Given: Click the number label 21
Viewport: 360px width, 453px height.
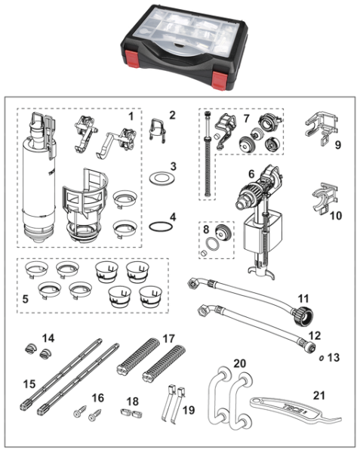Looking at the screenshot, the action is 318,395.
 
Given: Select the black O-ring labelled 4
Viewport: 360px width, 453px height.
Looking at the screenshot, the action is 162,226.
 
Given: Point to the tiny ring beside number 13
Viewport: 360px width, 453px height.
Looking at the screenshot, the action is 321,358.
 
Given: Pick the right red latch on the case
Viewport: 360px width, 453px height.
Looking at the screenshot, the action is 220,81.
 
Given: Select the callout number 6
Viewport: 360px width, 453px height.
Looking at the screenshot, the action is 251,174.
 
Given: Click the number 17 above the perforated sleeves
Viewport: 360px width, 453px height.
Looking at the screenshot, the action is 168,338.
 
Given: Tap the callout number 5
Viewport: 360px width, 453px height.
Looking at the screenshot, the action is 26,299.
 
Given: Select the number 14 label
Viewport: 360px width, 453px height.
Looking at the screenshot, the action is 48,338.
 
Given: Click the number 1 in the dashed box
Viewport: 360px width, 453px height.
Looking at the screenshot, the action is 131,117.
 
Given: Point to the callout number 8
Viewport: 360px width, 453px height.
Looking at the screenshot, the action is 206,230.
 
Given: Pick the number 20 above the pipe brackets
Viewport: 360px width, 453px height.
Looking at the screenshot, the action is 239,363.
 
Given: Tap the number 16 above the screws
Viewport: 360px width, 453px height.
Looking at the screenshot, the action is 98,398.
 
